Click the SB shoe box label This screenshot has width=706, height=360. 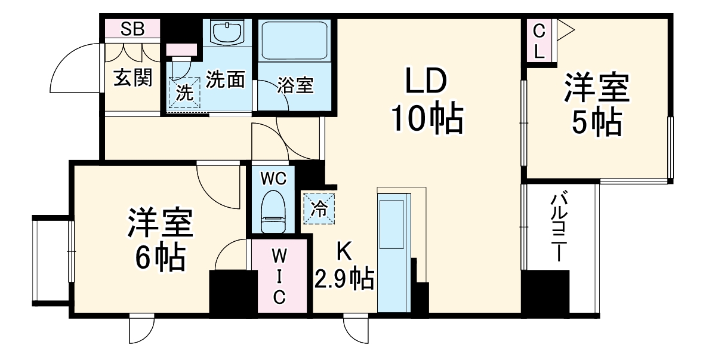pyautogui.click(x=132, y=29)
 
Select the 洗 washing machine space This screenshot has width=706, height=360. pyautogui.click(x=185, y=93)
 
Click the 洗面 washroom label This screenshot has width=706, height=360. pyautogui.click(x=225, y=80)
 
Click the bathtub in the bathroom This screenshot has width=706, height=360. pyautogui.click(x=294, y=41)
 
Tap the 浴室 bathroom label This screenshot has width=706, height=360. pyautogui.click(x=295, y=85)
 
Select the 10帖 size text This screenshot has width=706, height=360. pyautogui.click(x=426, y=119)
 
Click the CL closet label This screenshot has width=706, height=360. pyautogui.click(x=539, y=41)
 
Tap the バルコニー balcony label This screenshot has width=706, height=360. pyautogui.click(x=559, y=227)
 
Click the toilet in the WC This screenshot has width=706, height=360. pyautogui.click(x=275, y=210)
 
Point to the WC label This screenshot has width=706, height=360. pyautogui.click(x=275, y=177)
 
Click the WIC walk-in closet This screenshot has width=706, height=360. pyautogui.click(x=279, y=276)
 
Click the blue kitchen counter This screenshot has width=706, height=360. pyautogui.click(x=393, y=251)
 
